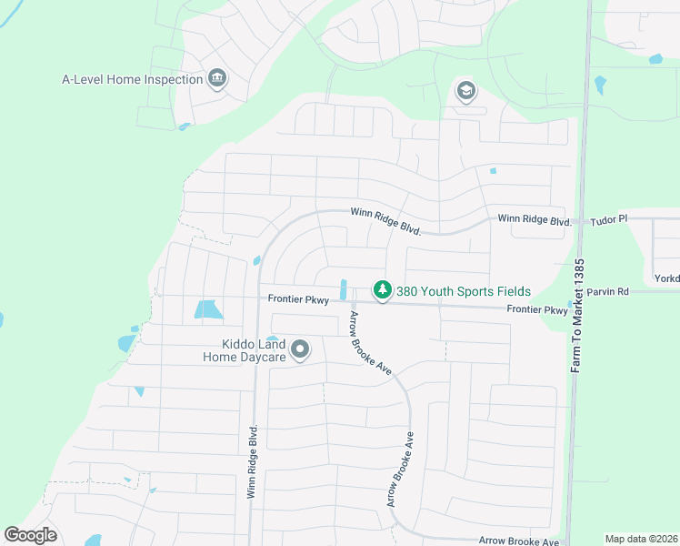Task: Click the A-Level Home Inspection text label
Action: (132, 79)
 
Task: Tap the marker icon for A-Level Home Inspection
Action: (217, 79)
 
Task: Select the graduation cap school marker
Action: (466, 91)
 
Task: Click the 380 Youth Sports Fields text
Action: (463, 292)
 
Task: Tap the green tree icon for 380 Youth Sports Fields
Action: (384, 291)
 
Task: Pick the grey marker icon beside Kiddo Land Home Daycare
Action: (300, 349)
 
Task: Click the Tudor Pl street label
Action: (609, 220)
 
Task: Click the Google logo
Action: (30, 535)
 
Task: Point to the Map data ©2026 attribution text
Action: (641, 539)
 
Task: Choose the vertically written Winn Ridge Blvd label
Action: (252, 460)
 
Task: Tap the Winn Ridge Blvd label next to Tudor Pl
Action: (534, 220)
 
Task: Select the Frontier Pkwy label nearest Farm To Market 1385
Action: (537, 310)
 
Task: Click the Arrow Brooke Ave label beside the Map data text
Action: (519, 541)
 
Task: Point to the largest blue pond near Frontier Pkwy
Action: (208, 309)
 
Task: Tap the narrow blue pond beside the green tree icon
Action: (343, 289)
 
